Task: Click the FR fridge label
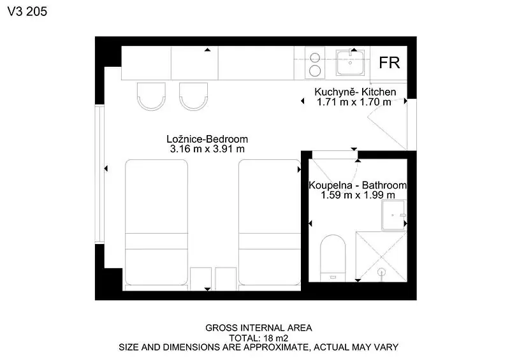tap(390, 63)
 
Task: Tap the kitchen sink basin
tap(350, 62)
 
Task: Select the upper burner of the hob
tap(315, 58)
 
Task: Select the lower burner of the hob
tap(315, 71)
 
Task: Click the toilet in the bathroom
tap(333, 258)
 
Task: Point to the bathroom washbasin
tap(393, 215)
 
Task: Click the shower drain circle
tap(382, 272)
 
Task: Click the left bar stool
tap(151, 96)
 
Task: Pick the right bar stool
tap(194, 96)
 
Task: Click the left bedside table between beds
tap(201, 278)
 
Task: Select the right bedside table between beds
tap(226, 278)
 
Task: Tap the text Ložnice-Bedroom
tap(207, 139)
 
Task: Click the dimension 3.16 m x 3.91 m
tap(207, 149)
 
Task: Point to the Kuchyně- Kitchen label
tap(355, 92)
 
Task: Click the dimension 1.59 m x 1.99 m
tap(358, 195)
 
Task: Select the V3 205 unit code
tap(27, 11)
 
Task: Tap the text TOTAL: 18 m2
tap(259, 338)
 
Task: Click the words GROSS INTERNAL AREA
tap(259, 328)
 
